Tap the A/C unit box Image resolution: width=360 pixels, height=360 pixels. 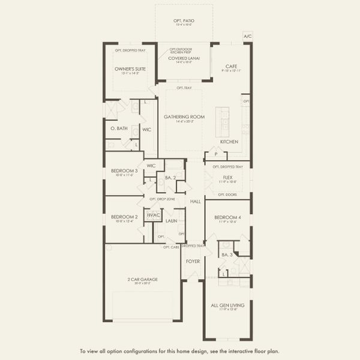pyautogui.click(x=248, y=37)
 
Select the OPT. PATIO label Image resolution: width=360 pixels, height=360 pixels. pyautogui.click(x=185, y=20)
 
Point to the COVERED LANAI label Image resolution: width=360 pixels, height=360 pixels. pyautogui.click(x=184, y=58)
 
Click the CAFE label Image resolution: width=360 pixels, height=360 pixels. pyautogui.click(x=232, y=66)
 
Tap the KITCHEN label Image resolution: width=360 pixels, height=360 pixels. pyautogui.click(x=229, y=142)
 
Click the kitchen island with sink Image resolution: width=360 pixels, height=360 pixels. pyautogui.click(x=224, y=122)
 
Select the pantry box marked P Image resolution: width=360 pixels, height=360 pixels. pyautogui.click(x=215, y=155)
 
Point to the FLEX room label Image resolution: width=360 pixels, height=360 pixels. pyautogui.click(x=227, y=177)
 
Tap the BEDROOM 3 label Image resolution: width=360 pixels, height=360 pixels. pyautogui.click(x=124, y=170)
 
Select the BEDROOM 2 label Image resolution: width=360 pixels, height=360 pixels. pyautogui.click(x=124, y=217)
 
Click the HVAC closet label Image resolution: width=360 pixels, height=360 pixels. pyautogui.click(x=153, y=214)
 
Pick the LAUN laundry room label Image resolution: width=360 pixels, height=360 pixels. pyautogui.click(x=171, y=221)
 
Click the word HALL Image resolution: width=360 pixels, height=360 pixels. pyautogui.click(x=196, y=202)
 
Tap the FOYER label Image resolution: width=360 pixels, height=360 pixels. pyautogui.click(x=193, y=261)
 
